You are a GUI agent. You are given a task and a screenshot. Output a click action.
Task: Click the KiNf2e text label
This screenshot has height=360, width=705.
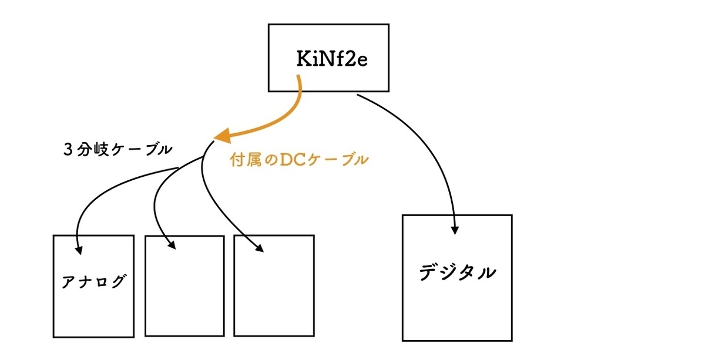332,59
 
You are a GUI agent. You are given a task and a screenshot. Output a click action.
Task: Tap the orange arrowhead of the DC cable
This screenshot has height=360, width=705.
223,136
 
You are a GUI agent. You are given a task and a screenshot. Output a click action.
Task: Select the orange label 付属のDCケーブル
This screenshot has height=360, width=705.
299,160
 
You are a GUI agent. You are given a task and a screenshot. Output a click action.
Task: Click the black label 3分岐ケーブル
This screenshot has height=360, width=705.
117,149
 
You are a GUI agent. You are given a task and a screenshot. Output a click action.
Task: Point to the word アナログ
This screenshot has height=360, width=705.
94,281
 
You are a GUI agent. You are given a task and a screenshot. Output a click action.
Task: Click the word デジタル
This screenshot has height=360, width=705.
457,272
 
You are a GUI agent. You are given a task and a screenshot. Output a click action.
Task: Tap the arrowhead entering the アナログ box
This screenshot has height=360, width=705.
79,250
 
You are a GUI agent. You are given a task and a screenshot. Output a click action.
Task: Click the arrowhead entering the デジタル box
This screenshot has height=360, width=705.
455,230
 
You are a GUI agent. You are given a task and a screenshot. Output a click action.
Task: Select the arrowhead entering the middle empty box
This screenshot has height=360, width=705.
172,245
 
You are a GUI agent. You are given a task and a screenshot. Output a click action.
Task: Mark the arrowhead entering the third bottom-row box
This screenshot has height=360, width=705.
259,248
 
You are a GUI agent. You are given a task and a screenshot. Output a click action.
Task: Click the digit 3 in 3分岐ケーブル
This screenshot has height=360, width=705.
68,150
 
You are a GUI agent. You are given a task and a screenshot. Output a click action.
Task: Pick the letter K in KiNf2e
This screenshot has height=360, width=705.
304,59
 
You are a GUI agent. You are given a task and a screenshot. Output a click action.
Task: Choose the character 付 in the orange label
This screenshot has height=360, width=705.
237,160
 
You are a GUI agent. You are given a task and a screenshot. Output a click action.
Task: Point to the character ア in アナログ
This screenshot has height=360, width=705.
68,281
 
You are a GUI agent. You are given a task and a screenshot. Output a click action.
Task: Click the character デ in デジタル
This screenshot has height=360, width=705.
429,272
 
